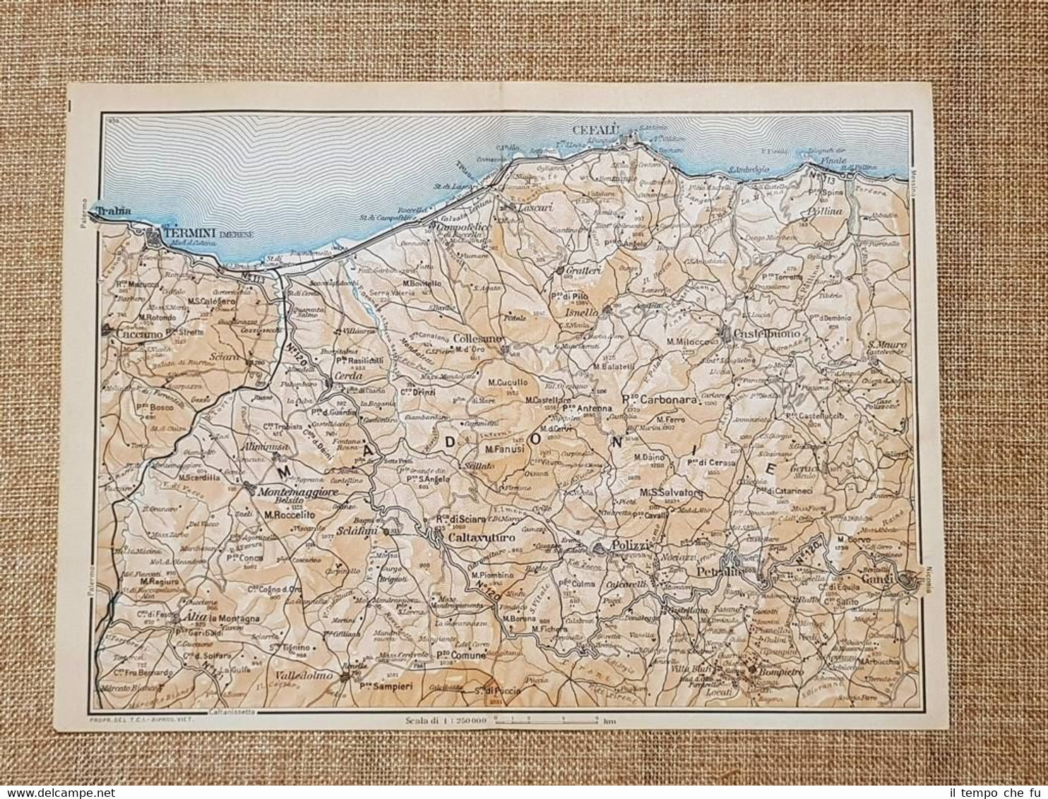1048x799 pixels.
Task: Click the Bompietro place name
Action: pyautogui.click(x=780, y=671)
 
